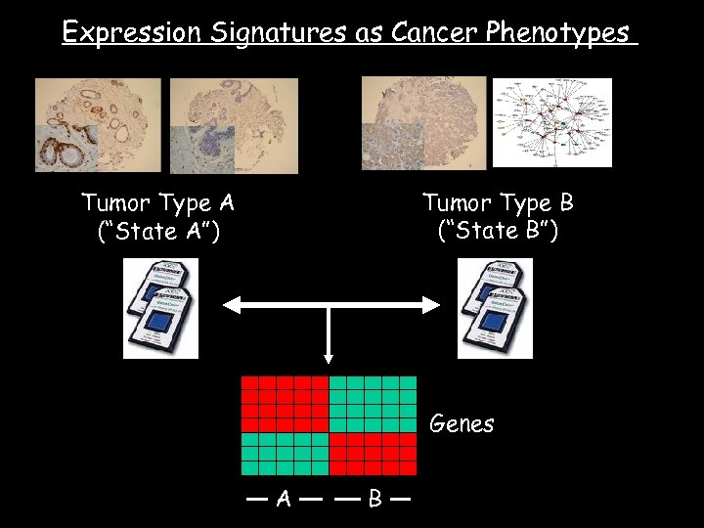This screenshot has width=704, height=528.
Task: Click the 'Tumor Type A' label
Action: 157,203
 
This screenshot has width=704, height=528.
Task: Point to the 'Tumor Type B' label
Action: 498,203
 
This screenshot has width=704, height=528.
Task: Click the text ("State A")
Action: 159,232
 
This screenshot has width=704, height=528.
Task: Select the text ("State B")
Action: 498,232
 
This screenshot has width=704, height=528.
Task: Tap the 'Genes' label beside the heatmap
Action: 462,424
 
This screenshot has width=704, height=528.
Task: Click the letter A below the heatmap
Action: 284,499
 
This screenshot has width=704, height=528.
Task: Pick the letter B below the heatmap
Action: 374,499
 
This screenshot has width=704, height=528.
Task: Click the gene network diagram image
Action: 551,123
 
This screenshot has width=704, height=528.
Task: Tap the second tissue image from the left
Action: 234,125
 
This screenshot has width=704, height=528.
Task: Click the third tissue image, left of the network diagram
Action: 423,123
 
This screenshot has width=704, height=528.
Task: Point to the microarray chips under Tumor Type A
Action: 160,308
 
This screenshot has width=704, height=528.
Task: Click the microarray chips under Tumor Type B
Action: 495,308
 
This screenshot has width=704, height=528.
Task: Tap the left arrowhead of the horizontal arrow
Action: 231,306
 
